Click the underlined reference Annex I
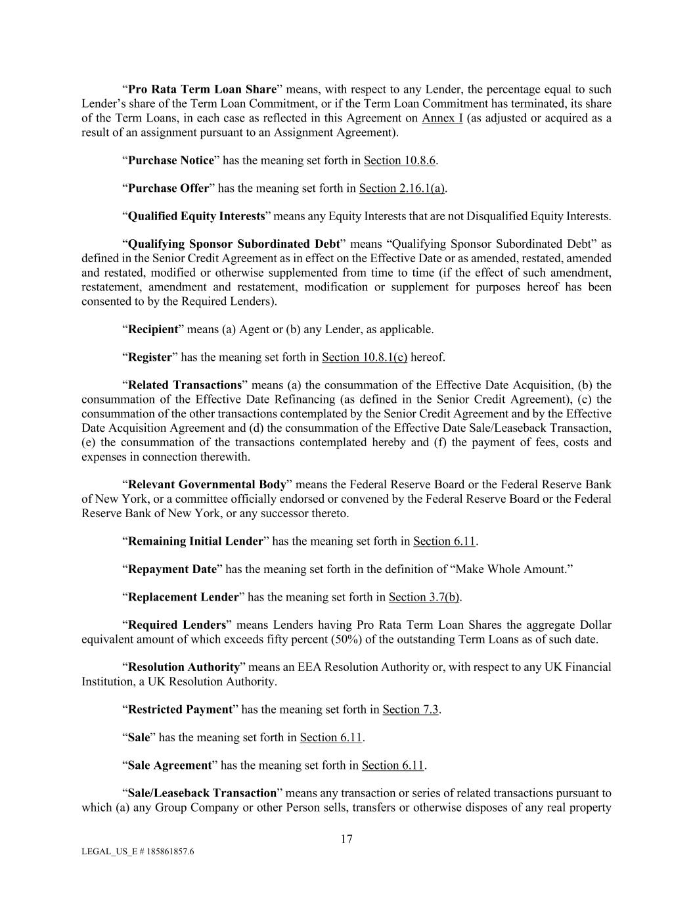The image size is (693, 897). point(442,118)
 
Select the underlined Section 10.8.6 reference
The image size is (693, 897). point(399,160)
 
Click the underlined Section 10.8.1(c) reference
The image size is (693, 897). point(365,357)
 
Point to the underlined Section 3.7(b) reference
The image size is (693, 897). point(424,597)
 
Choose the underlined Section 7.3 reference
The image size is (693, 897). point(411,710)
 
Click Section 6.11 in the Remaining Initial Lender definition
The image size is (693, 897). point(444,541)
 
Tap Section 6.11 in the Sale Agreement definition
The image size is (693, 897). point(393,766)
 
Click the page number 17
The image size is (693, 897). point(347,839)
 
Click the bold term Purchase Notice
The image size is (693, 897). point(171,160)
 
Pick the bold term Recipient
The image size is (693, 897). point(153,329)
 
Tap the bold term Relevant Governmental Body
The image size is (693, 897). point(207,485)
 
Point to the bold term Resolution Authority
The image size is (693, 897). point(184,668)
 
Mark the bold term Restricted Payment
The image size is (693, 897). point(180,710)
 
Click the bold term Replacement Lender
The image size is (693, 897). point(183,597)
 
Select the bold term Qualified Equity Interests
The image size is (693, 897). point(196,216)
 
